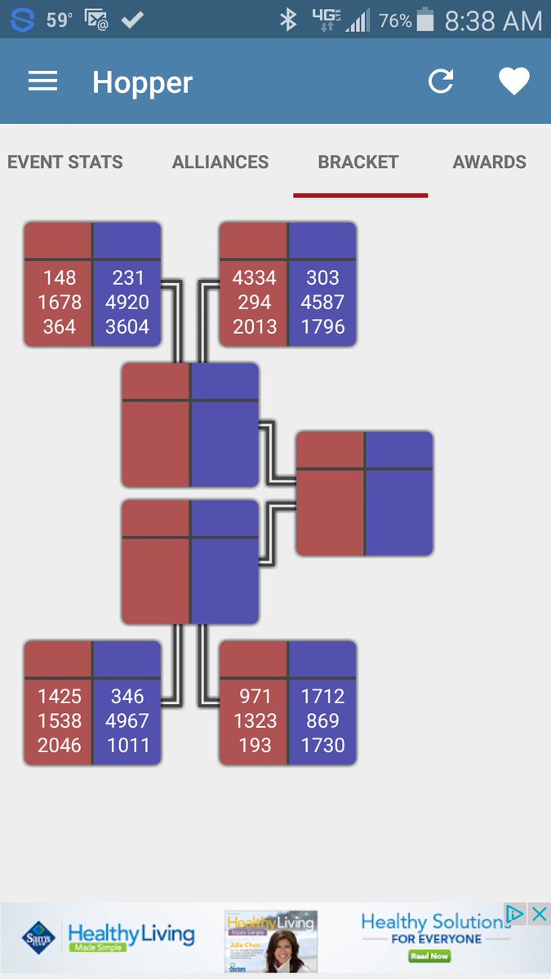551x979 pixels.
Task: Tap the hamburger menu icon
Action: pos(42,81)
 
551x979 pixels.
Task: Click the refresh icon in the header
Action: pos(441,81)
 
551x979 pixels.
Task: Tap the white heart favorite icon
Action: pos(514,81)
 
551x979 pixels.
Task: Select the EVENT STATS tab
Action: pos(65,162)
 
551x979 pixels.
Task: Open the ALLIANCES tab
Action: pos(220,162)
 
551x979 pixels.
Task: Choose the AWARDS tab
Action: pos(490,162)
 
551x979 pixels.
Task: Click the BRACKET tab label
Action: pos(358,162)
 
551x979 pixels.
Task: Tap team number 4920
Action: pos(127,302)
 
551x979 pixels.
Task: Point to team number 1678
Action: pos(60,302)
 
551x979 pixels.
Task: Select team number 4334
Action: pos(255,277)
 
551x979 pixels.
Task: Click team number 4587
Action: pos(322,302)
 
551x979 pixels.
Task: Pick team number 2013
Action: pos(255,326)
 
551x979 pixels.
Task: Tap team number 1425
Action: pos(60,696)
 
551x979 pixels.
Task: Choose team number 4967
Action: pos(127,720)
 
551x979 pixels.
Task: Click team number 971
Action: pos(255,696)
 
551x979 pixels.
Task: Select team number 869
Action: pos(322,720)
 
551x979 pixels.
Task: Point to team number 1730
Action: pos(322,745)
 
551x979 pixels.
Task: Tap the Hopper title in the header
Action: pos(142,82)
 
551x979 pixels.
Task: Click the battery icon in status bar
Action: pos(425,20)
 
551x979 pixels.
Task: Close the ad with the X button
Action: pos(539,914)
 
